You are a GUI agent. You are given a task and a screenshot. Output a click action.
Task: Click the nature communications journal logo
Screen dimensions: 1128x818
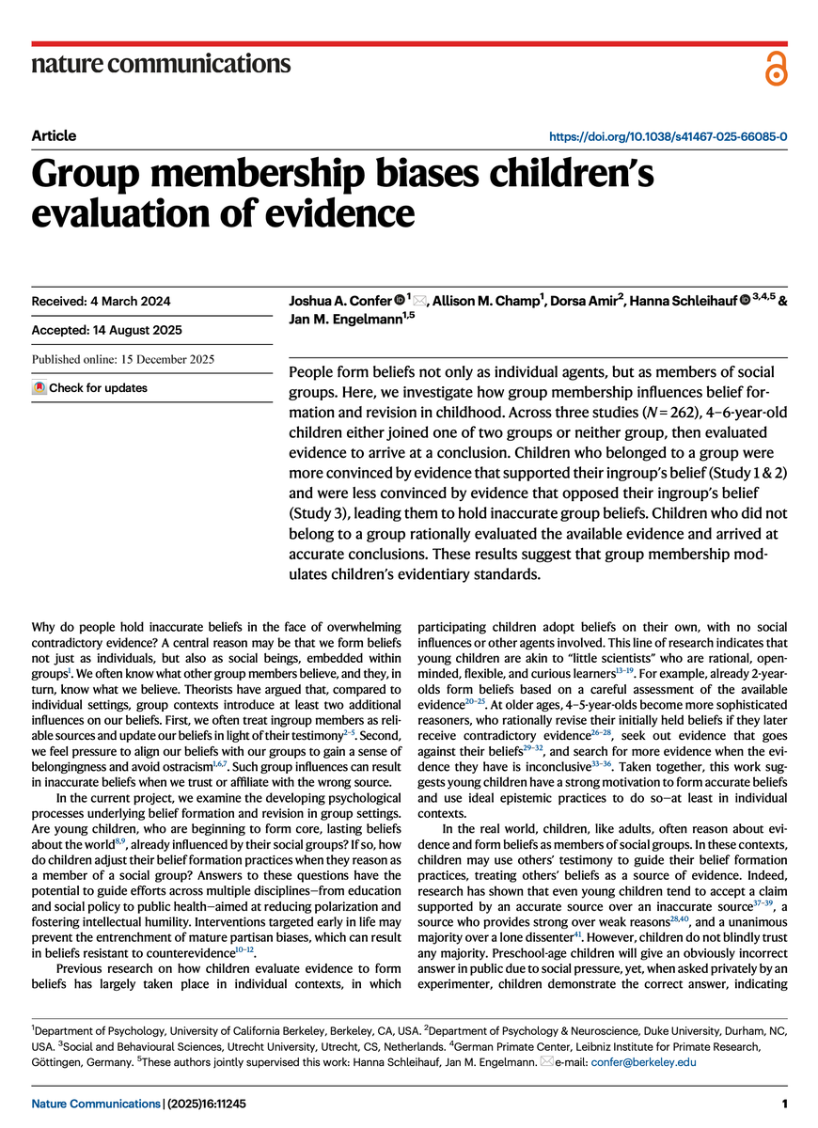tap(161, 64)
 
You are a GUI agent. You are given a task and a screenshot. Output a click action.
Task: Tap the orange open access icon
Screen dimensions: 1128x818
tap(776, 69)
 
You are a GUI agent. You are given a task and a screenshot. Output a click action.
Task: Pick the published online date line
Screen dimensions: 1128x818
tap(123, 360)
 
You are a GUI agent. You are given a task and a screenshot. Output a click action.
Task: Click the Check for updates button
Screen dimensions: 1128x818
tap(90, 387)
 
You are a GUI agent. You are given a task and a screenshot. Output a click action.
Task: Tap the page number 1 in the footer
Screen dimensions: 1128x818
tap(784, 1101)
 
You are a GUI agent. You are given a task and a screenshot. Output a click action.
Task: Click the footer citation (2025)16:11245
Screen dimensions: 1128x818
tap(205, 1101)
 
